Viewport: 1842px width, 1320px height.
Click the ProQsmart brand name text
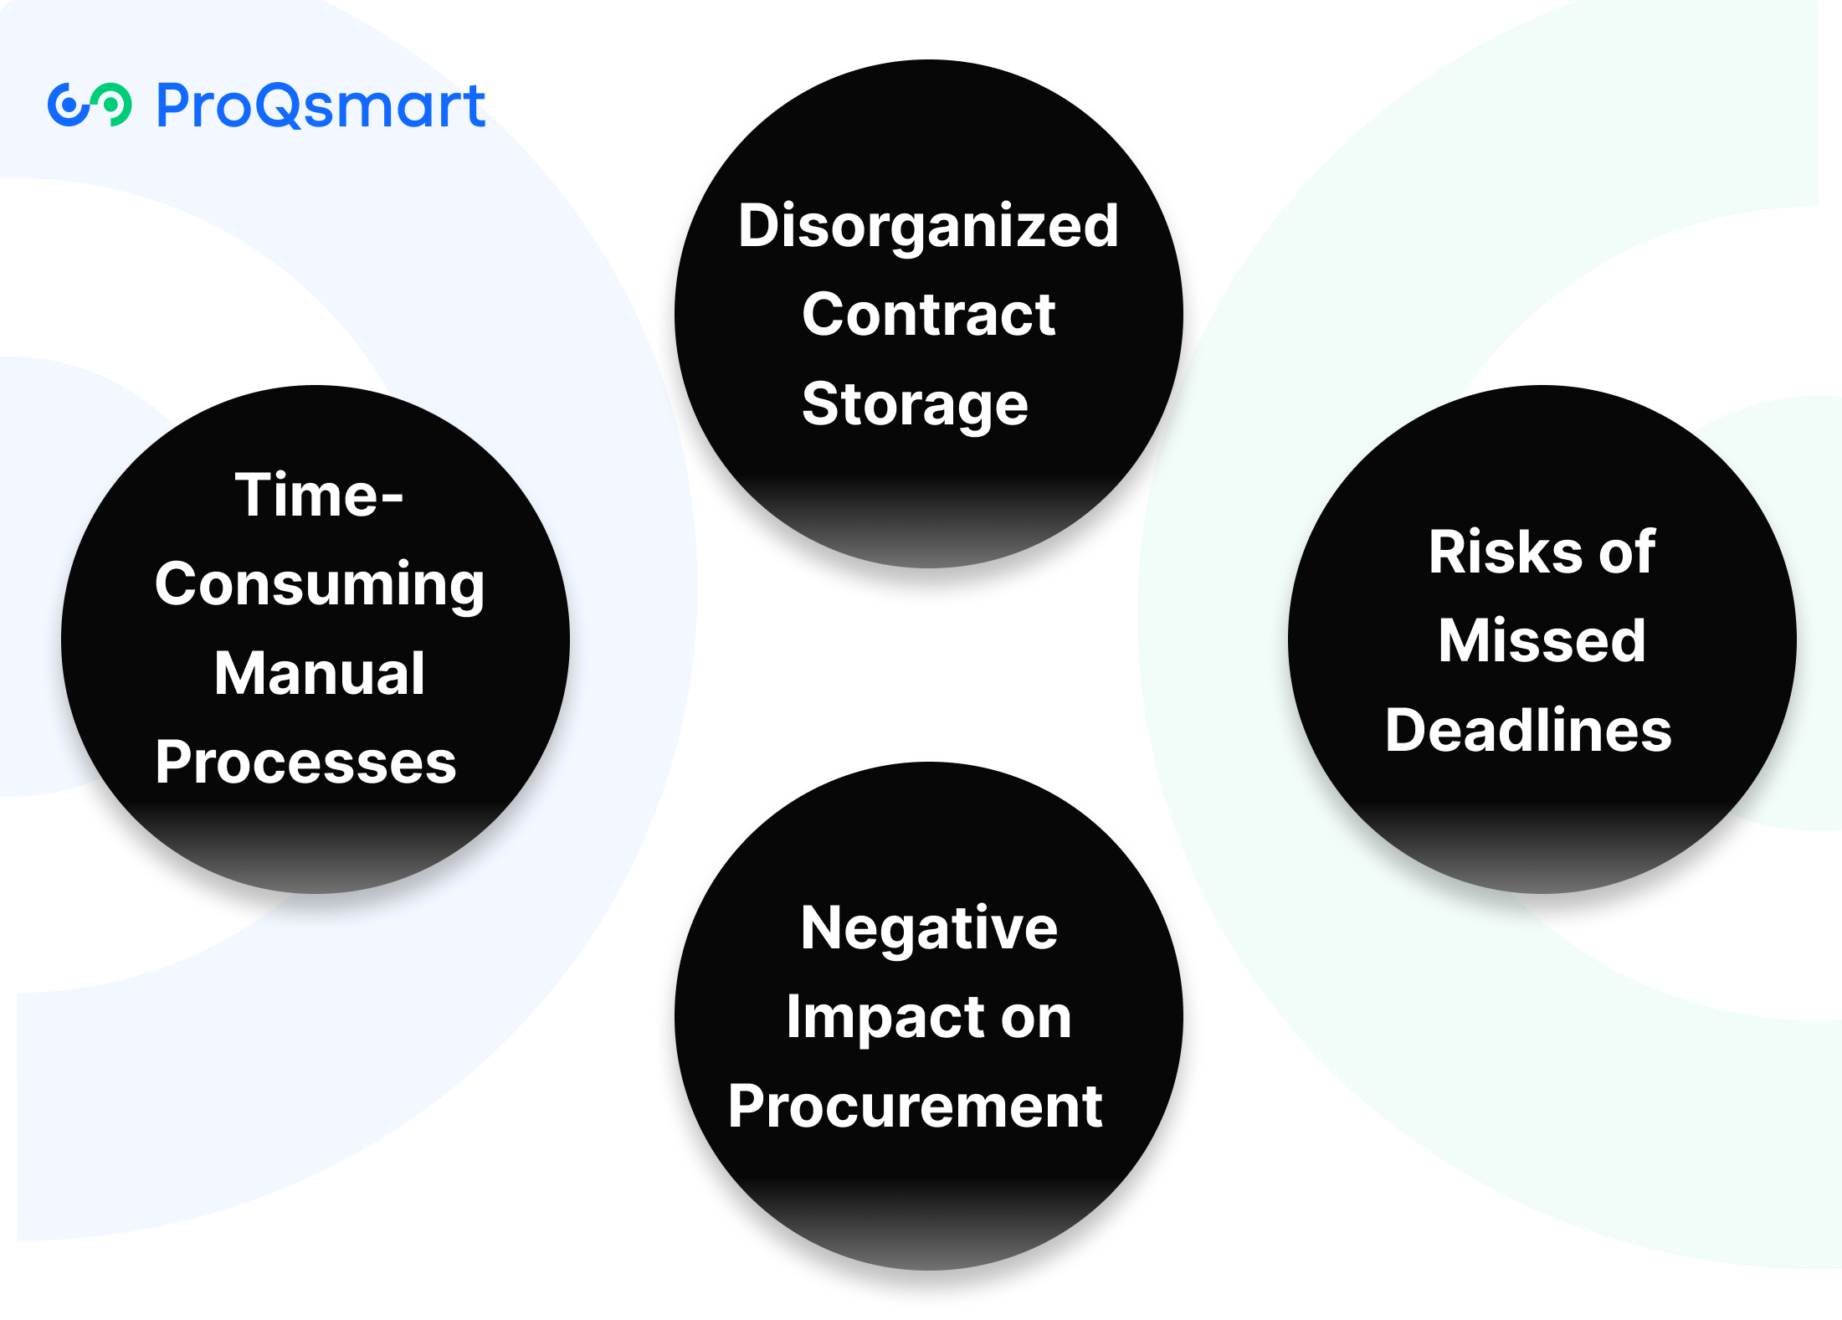[321, 106]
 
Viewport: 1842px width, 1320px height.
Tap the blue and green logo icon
[90, 105]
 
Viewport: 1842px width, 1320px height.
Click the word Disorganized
[928, 226]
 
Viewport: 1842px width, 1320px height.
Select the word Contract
[928, 315]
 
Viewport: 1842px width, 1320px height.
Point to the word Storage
[915, 405]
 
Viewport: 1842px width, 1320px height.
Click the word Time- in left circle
[319, 495]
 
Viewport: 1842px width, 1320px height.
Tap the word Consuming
[320, 584]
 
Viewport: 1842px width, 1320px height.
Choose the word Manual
[320, 673]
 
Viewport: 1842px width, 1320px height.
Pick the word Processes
[305, 763]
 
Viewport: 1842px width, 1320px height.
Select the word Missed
[1542, 641]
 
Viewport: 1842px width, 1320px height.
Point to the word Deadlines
[1528, 731]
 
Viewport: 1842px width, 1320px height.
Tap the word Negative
[929, 928]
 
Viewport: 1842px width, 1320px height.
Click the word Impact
[884, 1018]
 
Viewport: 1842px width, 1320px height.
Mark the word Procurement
[915, 1107]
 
